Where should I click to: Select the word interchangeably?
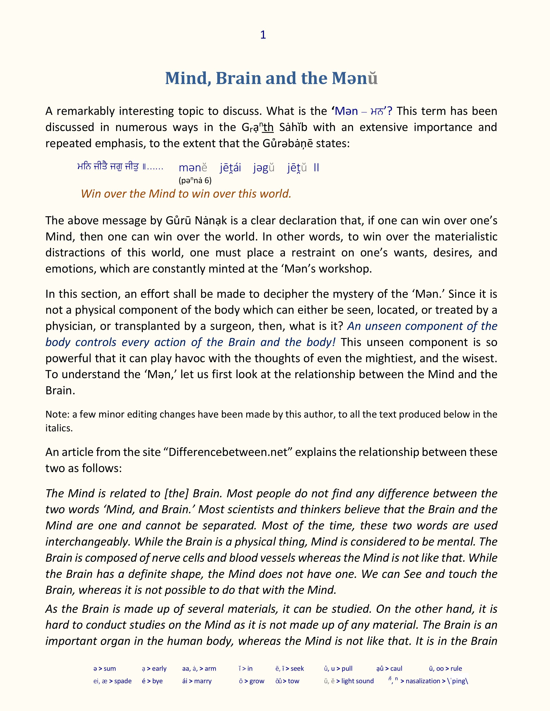[88, 542]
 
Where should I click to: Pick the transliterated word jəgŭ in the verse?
[264, 168]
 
